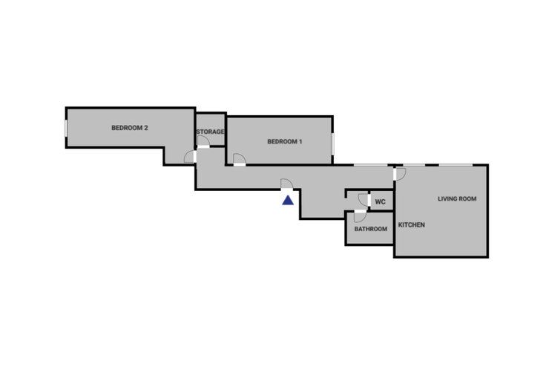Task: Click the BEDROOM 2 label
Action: coord(130,128)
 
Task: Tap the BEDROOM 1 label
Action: coord(284,142)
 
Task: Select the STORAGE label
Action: coord(211,132)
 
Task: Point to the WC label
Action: coord(381,202)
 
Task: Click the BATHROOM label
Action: coord(370,229)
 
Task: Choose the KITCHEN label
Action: coord(411,225)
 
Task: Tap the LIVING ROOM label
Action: coord(457,199)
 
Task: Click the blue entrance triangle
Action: coord(288,200)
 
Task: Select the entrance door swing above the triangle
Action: coord(286,184)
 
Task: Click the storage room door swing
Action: coord(203,141)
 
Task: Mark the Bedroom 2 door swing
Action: coord(189,157)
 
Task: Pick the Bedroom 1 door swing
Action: coord(239,159)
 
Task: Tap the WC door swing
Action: coord(363,200)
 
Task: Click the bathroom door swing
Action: coord(360,217)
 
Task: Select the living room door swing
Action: coord(401,174)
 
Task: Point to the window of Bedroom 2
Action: coord(65,128)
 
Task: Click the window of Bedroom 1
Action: coord(332,143)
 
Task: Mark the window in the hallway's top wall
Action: coord(370,165)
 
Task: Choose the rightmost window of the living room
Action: coord(455,165)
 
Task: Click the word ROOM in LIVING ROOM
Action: coord(467,199)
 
